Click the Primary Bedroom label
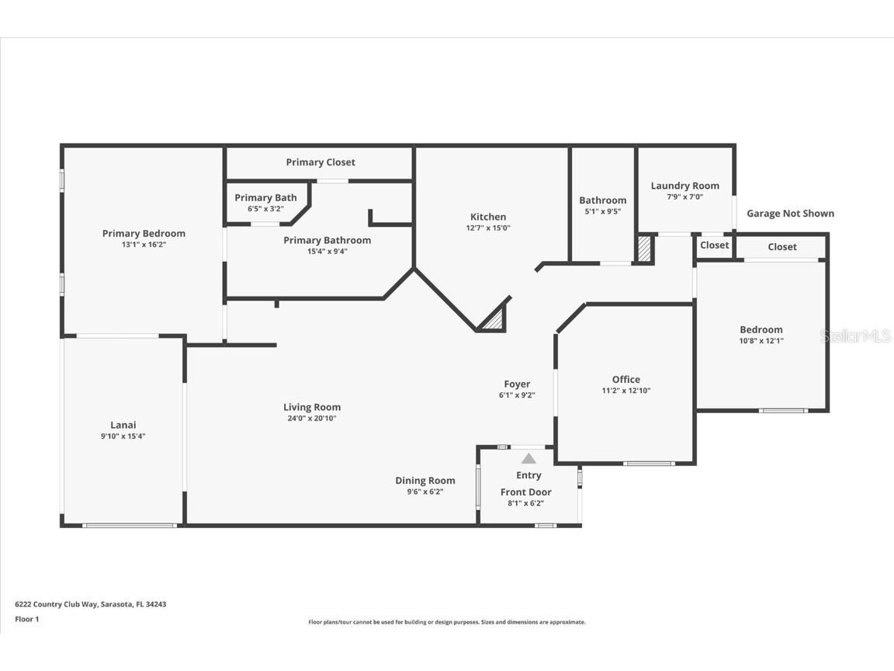[x=144, y=233]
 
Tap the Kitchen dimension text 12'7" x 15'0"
[x=488, y=228]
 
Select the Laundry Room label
[x=684, y=186]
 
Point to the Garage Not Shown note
[x=790, y=214]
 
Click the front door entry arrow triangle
[x=528, y=459]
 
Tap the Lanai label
[x=123, y=425]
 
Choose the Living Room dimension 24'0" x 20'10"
[x=312, y=419]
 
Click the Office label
[x=626, y=380]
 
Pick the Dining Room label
[x=425, y=481]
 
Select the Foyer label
[x=517, y=384]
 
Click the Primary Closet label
[x=321, y=162]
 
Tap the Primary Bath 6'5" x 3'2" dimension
[x=265, y=209]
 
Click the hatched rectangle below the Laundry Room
[x=644, y=249]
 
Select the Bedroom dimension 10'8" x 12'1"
[x=761, y=341]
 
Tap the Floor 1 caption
[x=27, y=619]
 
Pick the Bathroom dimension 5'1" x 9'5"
[x=603, y=211]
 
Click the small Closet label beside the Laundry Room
[x=715, y=245]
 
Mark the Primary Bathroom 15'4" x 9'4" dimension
[x=327, y=251]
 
